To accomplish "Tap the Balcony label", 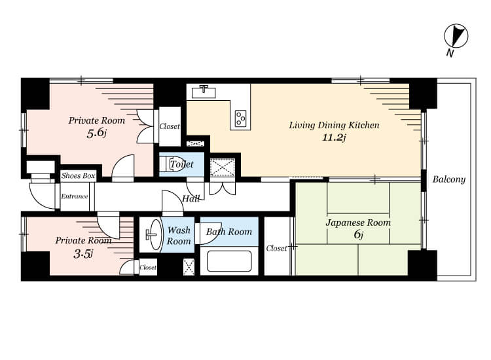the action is pyautogui.click(x=448, y=179).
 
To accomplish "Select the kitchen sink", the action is pyautogui.click(x=204, y=92).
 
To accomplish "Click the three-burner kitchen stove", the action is pyautogui.click(x=240, y=118).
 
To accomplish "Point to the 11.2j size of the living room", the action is pyautogui.click(x=334, y=137).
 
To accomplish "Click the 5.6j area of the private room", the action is pyautogui.click(x=96, y=133).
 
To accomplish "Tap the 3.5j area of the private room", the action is pyautogui.click(x=83, y=254).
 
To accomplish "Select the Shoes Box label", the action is pyautogui.click(x=78, y=176).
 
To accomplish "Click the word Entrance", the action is pyautogui.click(x=75, y=196).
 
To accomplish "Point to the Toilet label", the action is pyautogui.click(x=181, y=164).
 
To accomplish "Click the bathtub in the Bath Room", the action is pyautogui.click(x=229, y=261).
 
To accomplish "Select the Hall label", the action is pyautogui.click(x=191, y=198).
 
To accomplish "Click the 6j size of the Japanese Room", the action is pyautogui.click(x=358, y=234).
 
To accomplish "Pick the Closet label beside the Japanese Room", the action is pyautogui.click(x=276, y=248).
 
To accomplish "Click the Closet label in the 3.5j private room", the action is pyautogui.click(x=148, y=267).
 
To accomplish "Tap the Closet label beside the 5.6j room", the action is pyautogui.click(x=170, y=126).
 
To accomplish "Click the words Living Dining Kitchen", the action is pyautogui.click(x=334, y=125).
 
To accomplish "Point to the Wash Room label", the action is pyautogui.click(x=179, y=236).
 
